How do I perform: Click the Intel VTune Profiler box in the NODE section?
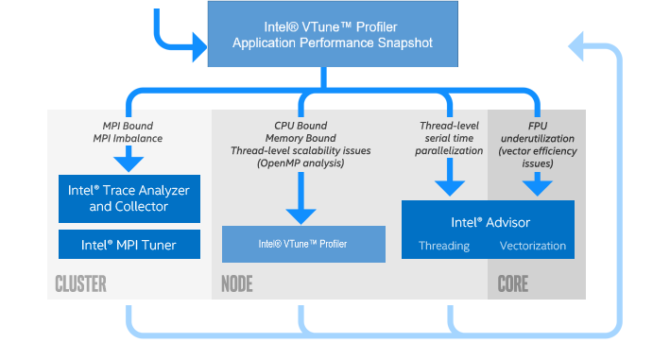tap(303, 244)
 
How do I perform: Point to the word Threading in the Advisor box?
tap(444, 246)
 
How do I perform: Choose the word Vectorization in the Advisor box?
tap(533, 246)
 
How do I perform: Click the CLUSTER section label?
tap(80, 284)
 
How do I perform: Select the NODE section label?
tap(236, 284)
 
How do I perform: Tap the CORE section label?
tap(513, 284)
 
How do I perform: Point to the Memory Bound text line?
tap(301, 138)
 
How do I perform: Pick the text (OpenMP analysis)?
tap(301, 163)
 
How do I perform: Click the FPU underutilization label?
tap(537, 138)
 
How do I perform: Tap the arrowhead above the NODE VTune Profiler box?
tap(301, 214)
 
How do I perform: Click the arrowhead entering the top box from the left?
tap(198, 43)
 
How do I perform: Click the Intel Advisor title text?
tap(490, 222)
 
